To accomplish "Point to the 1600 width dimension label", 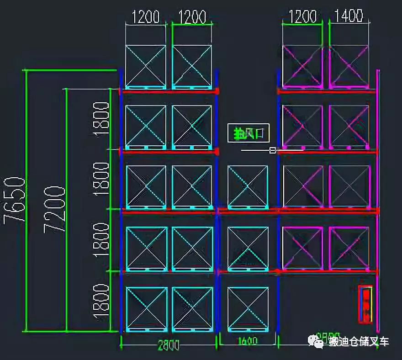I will [247, 342].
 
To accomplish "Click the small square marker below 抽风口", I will [273, 149].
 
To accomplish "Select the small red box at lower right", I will [366, 304].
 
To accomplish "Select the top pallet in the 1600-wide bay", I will [248, 187].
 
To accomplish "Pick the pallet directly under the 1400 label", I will [349, 66].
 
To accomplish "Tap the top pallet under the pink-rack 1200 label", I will [302, 66].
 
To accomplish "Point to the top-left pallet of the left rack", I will [146, 66].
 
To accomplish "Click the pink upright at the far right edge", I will [378, 201].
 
